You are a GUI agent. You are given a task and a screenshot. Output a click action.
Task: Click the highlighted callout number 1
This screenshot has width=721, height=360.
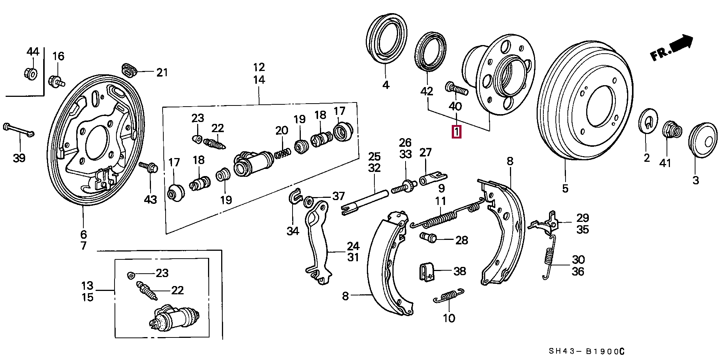(x=457, y=132)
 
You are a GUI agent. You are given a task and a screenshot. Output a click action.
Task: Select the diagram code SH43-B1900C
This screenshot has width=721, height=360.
(x=587, y=351)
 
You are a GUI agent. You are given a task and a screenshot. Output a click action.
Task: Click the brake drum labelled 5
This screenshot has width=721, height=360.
(x=584, y=100)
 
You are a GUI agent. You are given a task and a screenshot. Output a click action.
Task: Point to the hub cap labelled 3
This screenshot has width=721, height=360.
(x=703, y=140)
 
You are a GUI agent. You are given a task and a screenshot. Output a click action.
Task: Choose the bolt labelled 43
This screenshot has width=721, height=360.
(x=149, y=167)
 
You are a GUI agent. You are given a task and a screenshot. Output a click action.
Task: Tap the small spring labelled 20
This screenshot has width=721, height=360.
(x=282, y=153)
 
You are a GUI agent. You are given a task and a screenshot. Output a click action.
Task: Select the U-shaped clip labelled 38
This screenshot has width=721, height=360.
(x=427, y=271)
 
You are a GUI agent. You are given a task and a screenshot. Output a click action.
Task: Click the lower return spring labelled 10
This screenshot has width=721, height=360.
(x=449, y=296)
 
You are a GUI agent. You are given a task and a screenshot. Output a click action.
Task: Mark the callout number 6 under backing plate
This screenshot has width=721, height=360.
(x=83, y=235)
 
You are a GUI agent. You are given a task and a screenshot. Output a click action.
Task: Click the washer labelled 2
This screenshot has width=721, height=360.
(x=648, y=121)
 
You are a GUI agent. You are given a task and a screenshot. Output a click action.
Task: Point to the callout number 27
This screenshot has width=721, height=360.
(x=425, y=152)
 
